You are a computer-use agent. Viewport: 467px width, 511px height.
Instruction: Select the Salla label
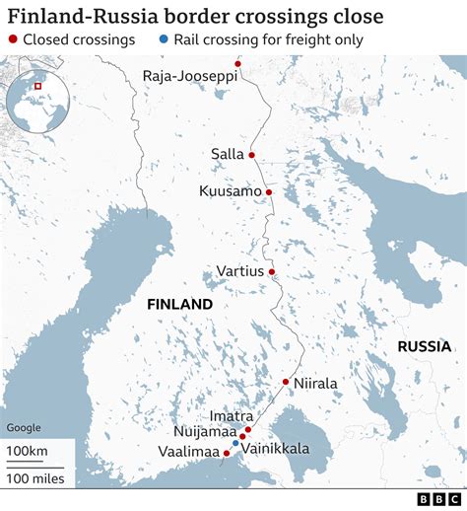coord(227,154)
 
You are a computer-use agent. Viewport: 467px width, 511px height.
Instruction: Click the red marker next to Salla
coord(252,155)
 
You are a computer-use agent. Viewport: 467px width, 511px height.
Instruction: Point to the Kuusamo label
coord(230,191)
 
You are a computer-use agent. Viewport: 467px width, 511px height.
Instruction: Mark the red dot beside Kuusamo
coord(268,192)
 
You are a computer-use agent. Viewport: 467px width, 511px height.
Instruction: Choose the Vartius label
coord(240,271)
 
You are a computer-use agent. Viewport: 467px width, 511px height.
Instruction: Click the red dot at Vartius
coord(271,272)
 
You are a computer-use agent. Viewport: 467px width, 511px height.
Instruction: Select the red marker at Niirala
coord(285,382)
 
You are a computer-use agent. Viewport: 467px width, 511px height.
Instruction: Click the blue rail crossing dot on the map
coord(236,444)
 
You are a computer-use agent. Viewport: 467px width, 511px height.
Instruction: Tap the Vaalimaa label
coord(188,451)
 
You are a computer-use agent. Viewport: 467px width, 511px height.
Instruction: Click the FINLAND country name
coord(179,304)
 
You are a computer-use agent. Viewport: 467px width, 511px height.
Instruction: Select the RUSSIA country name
coord(424,346)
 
